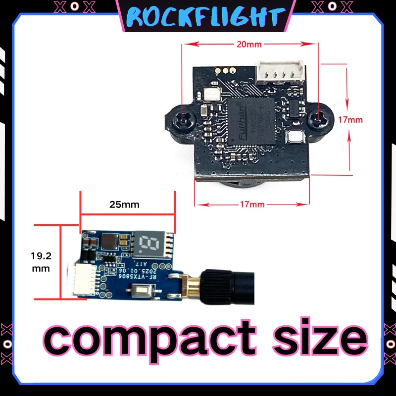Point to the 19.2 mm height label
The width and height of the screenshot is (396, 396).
[40, 262]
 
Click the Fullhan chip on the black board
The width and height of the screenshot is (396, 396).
[249, 120]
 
